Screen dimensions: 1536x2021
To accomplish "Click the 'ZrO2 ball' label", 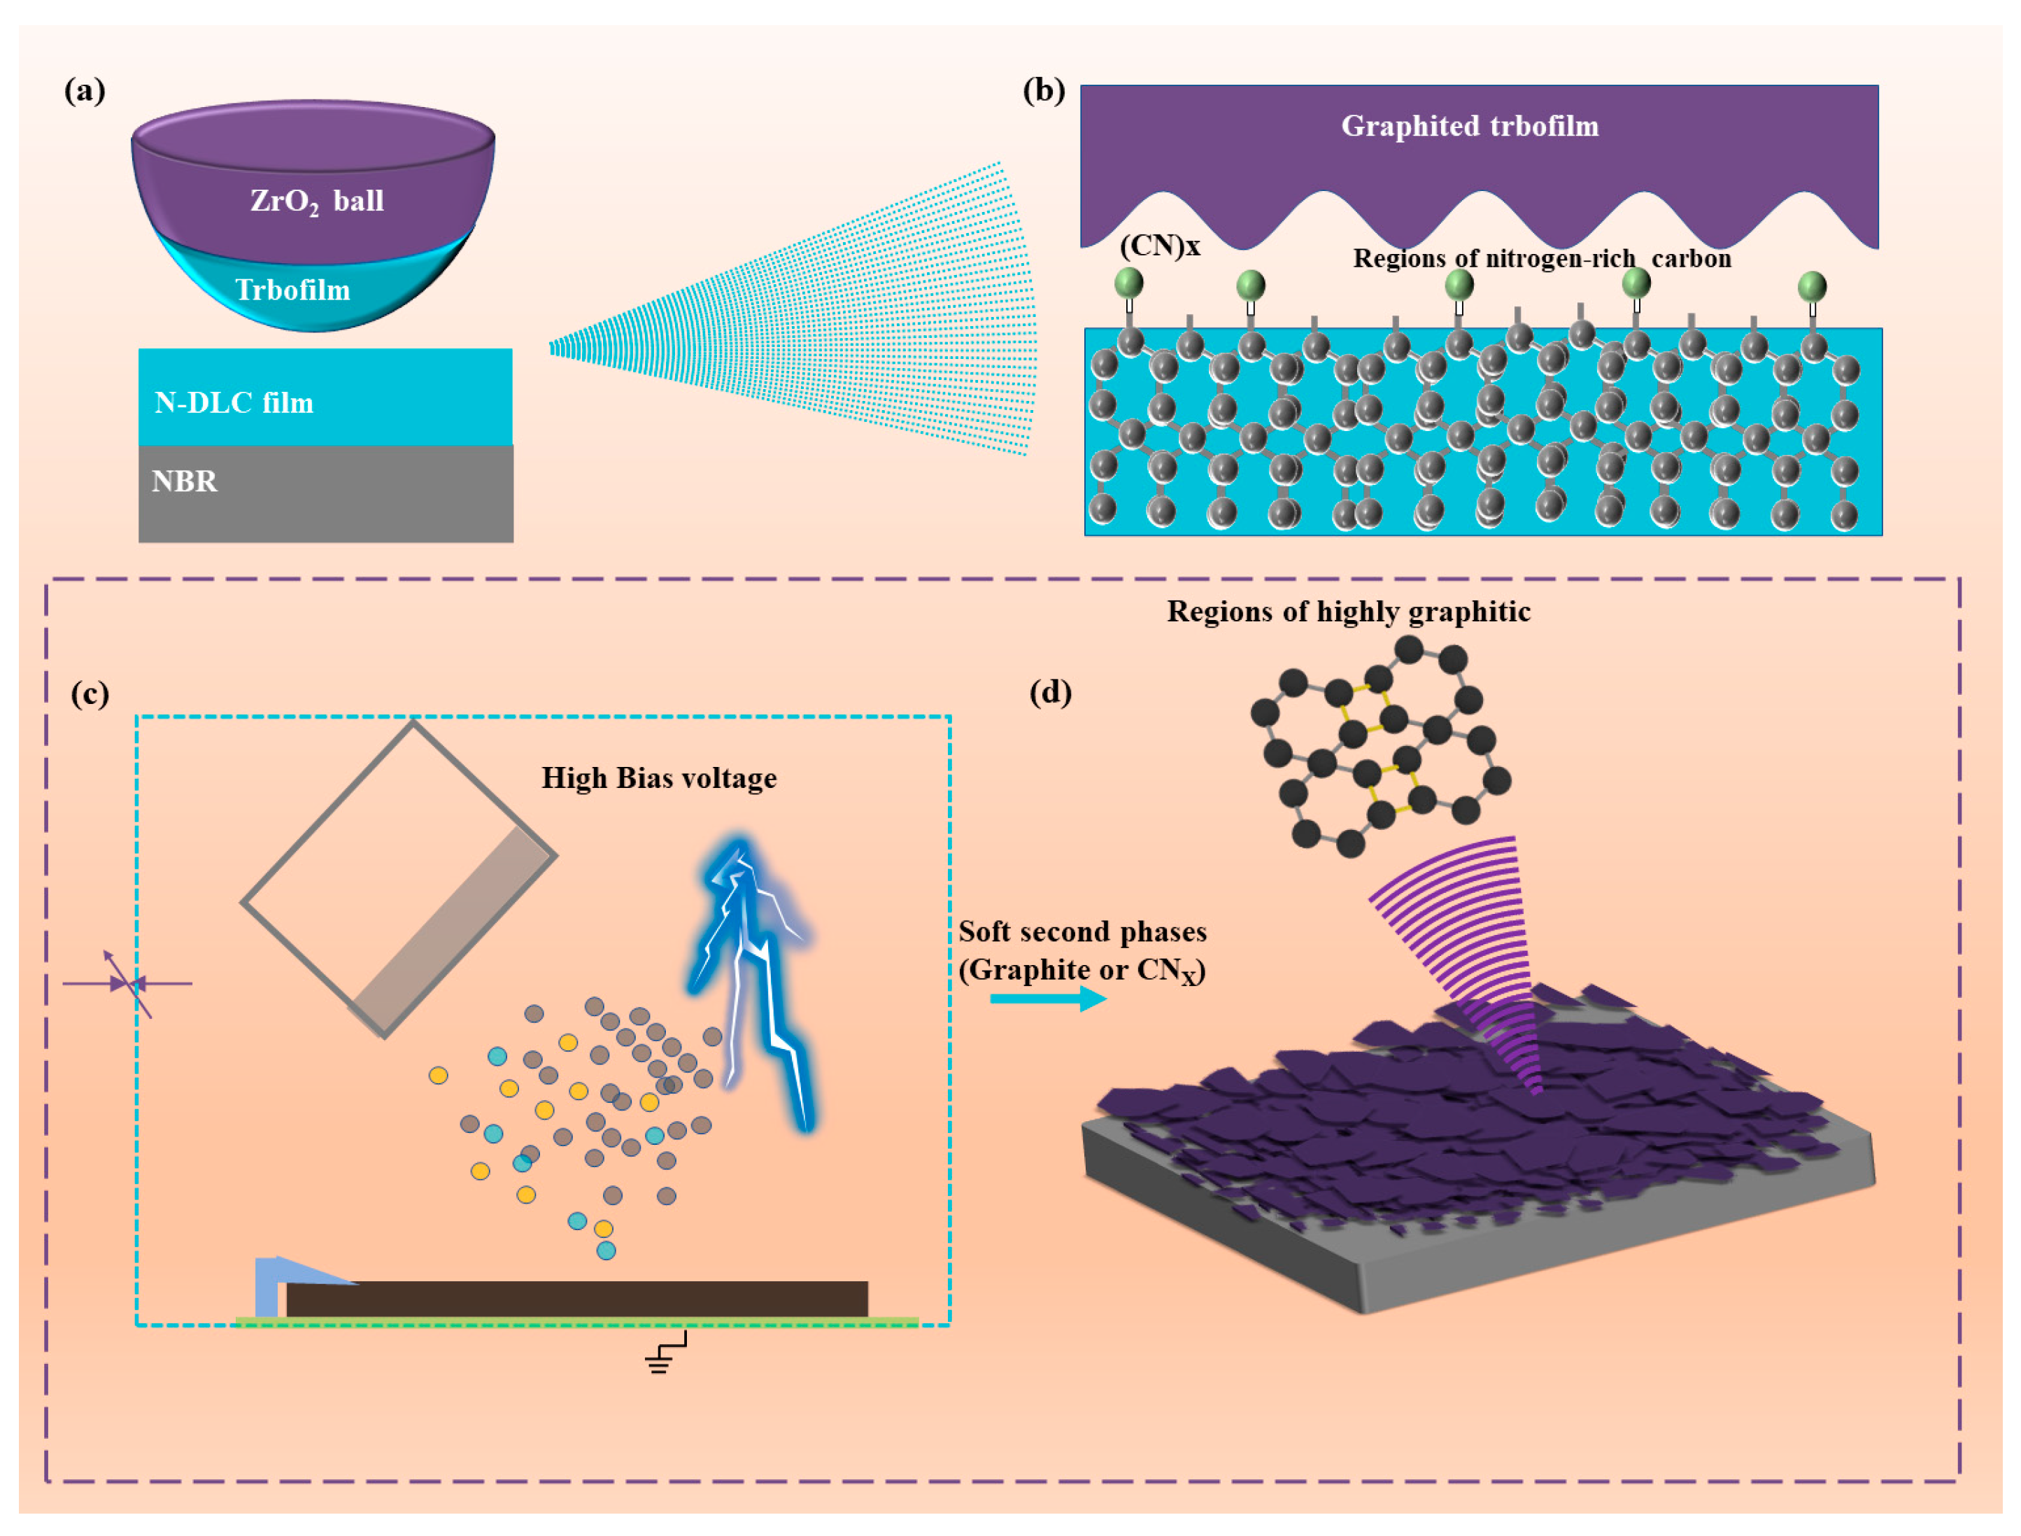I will tap(316, 200).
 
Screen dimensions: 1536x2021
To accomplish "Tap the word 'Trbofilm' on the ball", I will tap(292, 290).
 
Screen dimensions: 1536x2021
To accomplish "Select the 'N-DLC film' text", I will tap(234, 402).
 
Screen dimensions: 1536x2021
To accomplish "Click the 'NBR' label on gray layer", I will tap(185, 481).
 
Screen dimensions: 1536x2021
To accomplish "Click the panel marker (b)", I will tap(1043, 90).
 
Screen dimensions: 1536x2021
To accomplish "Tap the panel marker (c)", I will tap(90, 694).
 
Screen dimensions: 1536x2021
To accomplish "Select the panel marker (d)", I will tap(1050, 692).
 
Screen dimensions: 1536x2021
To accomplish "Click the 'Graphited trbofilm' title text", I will tap(1469, 126).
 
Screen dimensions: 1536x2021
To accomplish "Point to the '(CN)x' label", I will tap(1159, 245).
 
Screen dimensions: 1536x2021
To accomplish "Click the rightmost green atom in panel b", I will tap(1812, 287).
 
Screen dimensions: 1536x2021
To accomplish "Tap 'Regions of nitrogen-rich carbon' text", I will tap(1541, 259).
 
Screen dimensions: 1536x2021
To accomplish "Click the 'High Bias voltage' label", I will tap(659, 778).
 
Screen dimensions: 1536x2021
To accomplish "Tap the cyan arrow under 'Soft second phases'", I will tap(1047, 999).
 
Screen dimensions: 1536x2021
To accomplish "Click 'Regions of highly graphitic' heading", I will tap(1348, 612).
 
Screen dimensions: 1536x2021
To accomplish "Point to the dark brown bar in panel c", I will tap(576, 1298).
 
